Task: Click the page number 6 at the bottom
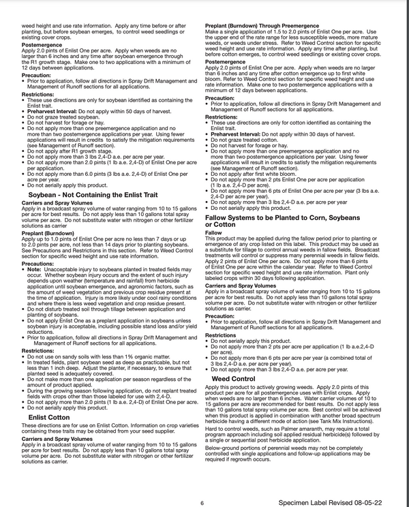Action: click(x=202, y=502)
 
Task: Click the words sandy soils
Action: click(x=73, y=356)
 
